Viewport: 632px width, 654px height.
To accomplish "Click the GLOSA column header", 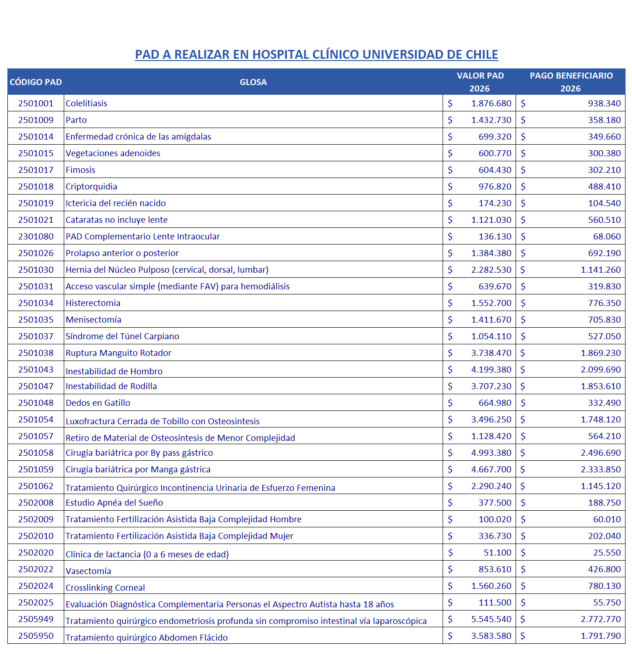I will [x=253, y=82].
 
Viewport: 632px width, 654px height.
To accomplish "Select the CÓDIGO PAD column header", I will [x=36, y=82].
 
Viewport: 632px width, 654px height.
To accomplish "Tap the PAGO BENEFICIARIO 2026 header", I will [x=571, y=82].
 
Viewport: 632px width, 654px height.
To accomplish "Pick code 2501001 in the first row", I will [x=36, y=104].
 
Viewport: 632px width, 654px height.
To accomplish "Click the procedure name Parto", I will [x=76, y=120].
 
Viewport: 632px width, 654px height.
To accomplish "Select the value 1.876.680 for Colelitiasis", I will [x=491, y=104].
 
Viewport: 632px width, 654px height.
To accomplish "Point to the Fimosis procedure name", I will [x=80, y=170].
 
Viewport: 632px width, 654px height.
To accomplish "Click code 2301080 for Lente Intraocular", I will [x=36, y=237].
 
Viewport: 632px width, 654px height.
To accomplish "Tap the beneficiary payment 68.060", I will [x=607, y=237].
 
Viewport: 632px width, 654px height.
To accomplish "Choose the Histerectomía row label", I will [x=93, y=303].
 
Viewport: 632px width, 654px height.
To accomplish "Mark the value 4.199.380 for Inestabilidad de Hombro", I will [x=491, y=370].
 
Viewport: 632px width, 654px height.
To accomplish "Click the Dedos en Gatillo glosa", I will [x=98, y=403].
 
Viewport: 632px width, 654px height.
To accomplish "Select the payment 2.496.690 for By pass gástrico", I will [x=601, y=453].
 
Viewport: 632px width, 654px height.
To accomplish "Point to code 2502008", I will [x=36, y=503].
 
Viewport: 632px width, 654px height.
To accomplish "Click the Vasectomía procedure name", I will [x=88, y=571].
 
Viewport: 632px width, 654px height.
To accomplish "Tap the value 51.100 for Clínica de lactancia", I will [x=497, y=553].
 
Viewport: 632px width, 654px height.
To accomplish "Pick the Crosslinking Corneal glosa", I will [x=105, y=588].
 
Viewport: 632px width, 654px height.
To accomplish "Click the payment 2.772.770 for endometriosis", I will [x=601, y=619].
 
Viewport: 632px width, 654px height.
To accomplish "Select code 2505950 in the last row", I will [x=36, y=636].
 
